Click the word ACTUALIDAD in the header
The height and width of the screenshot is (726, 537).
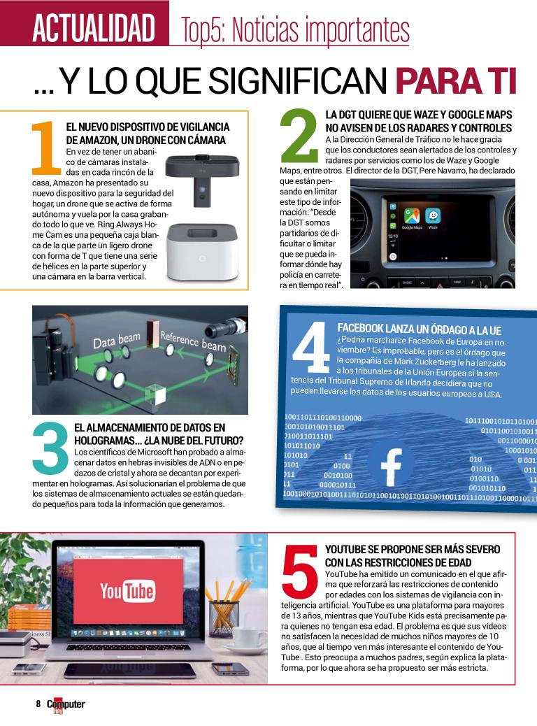click(94, 28)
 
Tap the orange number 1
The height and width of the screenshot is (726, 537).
click(46, 148)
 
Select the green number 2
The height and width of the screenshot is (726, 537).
click(299, 135)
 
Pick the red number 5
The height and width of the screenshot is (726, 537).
click(301, 571)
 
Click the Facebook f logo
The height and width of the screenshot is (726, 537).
click(391, 467)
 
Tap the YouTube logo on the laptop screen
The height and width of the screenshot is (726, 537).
click(127, 591)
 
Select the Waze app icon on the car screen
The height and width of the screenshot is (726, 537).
click(433, 216)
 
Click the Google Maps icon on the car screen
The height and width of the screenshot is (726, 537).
click(412, 216)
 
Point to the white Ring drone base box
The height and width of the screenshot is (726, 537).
click(203, 252)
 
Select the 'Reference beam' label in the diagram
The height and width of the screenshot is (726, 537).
click(193, 341)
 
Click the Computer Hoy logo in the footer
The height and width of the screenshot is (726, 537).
click(66, 706)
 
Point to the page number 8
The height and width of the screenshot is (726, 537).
click(38, 704)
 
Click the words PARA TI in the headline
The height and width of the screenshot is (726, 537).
click(456, 82)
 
